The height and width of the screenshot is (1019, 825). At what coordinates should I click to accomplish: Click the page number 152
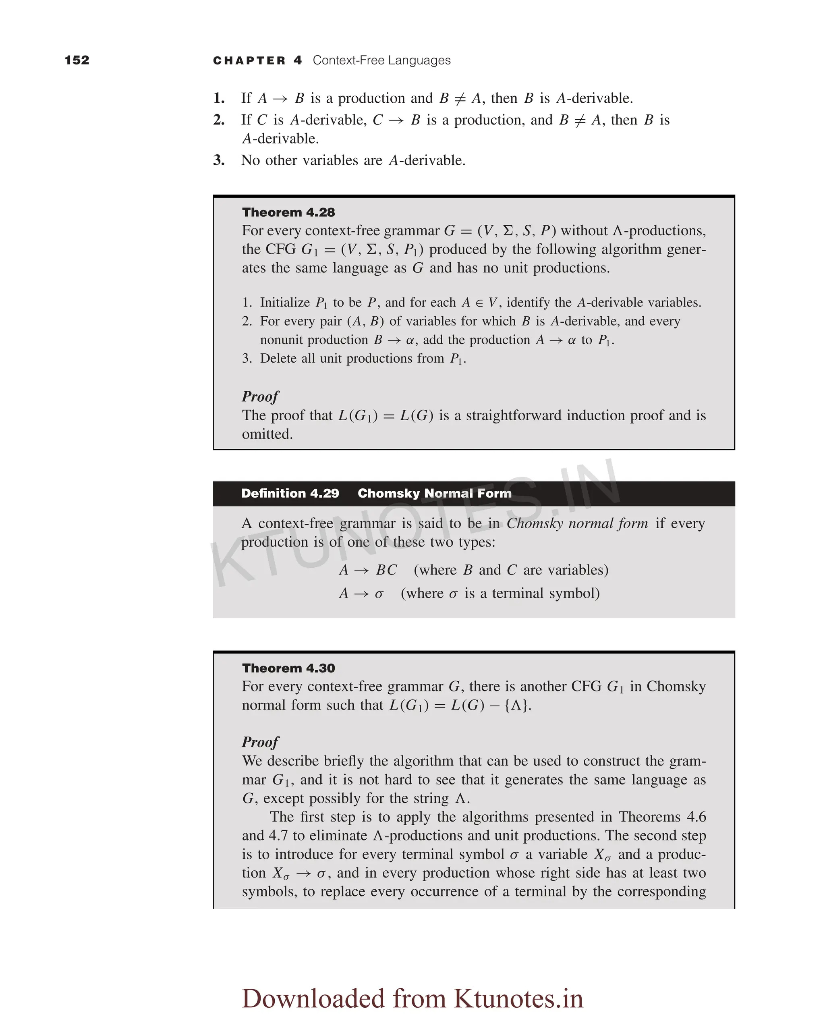click(77, 60)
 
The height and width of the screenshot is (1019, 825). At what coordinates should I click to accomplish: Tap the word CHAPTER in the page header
click(249, 60)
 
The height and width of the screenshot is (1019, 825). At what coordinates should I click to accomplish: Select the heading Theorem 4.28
click(288, 212)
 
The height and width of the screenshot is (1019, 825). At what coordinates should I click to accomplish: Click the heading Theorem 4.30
click(288, 668)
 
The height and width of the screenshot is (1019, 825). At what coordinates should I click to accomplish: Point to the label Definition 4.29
click(290, 493)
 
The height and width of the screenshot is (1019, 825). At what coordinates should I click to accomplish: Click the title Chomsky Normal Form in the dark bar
click(434, 493)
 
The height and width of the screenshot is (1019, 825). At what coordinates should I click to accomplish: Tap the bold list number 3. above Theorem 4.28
click(219, 160)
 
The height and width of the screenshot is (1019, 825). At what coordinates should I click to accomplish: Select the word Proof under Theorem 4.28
click(260, 396)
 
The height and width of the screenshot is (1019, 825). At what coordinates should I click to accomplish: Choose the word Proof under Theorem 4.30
click(260, 741)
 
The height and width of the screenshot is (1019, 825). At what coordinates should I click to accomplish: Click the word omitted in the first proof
click(267, 434)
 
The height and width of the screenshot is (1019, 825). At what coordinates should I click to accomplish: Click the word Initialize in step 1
click(285, 302)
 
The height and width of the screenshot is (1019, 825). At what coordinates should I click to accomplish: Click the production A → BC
click(368, 569)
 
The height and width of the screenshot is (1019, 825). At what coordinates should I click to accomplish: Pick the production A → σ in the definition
click(361, 593)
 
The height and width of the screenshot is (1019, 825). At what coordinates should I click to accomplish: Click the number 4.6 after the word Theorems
click(696, 817)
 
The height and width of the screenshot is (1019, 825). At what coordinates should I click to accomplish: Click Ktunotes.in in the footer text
click(518, 998)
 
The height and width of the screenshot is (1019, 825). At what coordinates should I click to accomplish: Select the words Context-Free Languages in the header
click(381, 60)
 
